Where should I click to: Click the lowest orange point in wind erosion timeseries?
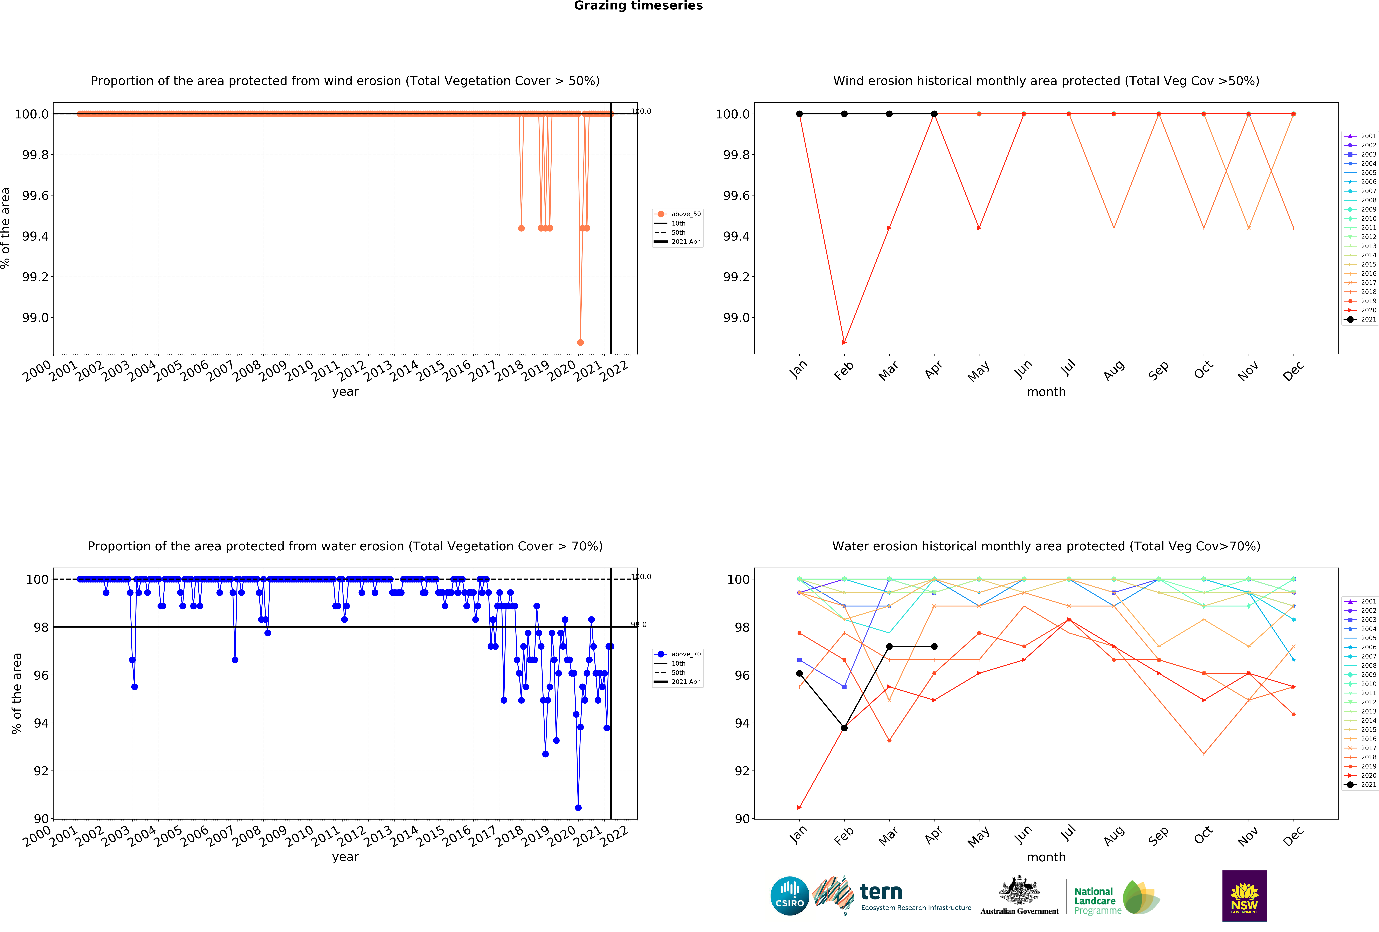580,342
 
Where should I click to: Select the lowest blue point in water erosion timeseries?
578,807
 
